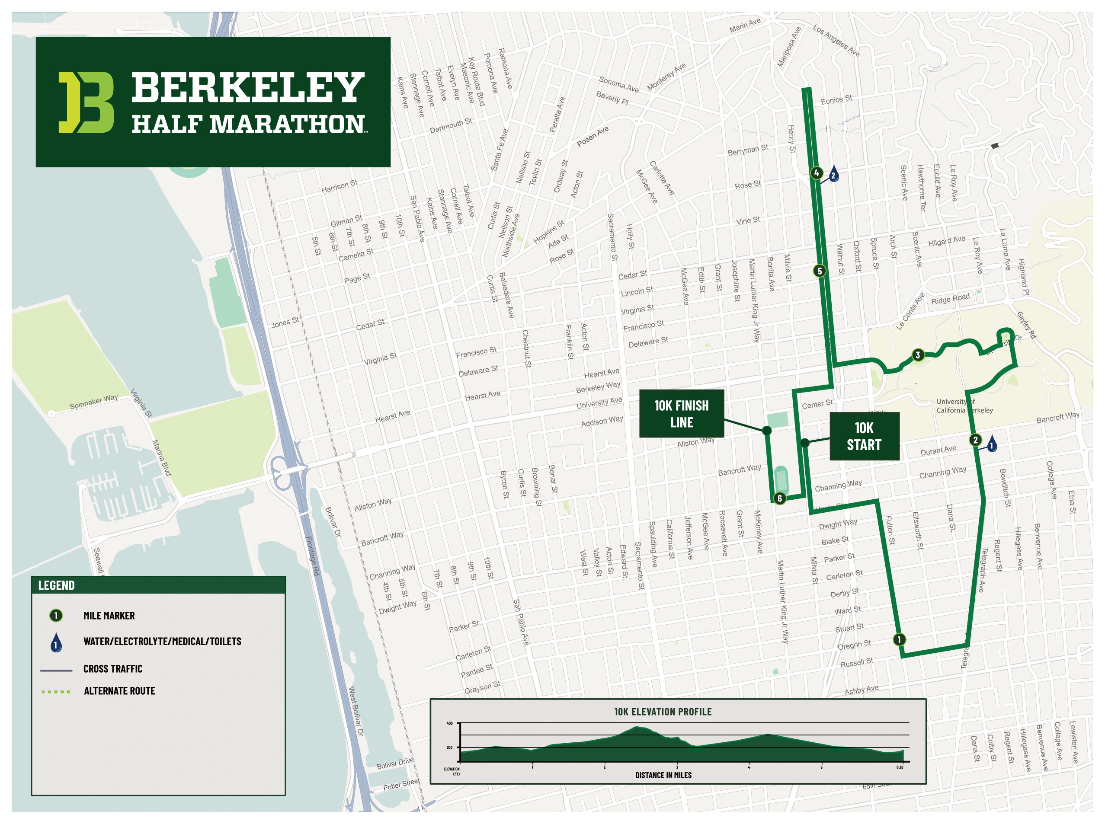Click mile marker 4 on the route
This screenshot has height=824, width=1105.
(816, 173)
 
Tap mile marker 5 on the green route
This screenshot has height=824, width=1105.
(819, 271)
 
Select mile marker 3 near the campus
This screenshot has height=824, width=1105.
(917, 355)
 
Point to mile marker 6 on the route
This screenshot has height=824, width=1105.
(779, 498)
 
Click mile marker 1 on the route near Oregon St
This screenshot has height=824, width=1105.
(899, 639)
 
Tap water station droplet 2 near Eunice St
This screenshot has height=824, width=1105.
(833, 175)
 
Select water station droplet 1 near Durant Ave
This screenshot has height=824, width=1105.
(992, 444)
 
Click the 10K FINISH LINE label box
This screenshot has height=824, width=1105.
(682, 413)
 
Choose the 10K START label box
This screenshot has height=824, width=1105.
(864, 436)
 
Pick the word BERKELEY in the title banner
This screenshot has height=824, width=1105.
(248, 87)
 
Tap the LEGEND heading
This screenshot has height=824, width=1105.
(56, 586)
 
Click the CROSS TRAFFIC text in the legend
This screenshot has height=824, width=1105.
(113, 669)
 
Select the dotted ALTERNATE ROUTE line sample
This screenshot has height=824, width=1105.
(56, 692)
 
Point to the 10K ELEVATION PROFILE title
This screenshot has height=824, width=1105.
(663, 712)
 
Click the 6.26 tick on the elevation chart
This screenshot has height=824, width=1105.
(900, 767)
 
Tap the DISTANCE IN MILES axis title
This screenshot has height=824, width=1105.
(663, 775)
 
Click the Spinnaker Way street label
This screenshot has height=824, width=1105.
(94, 402)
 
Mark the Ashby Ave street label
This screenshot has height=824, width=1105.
(862, 690)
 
